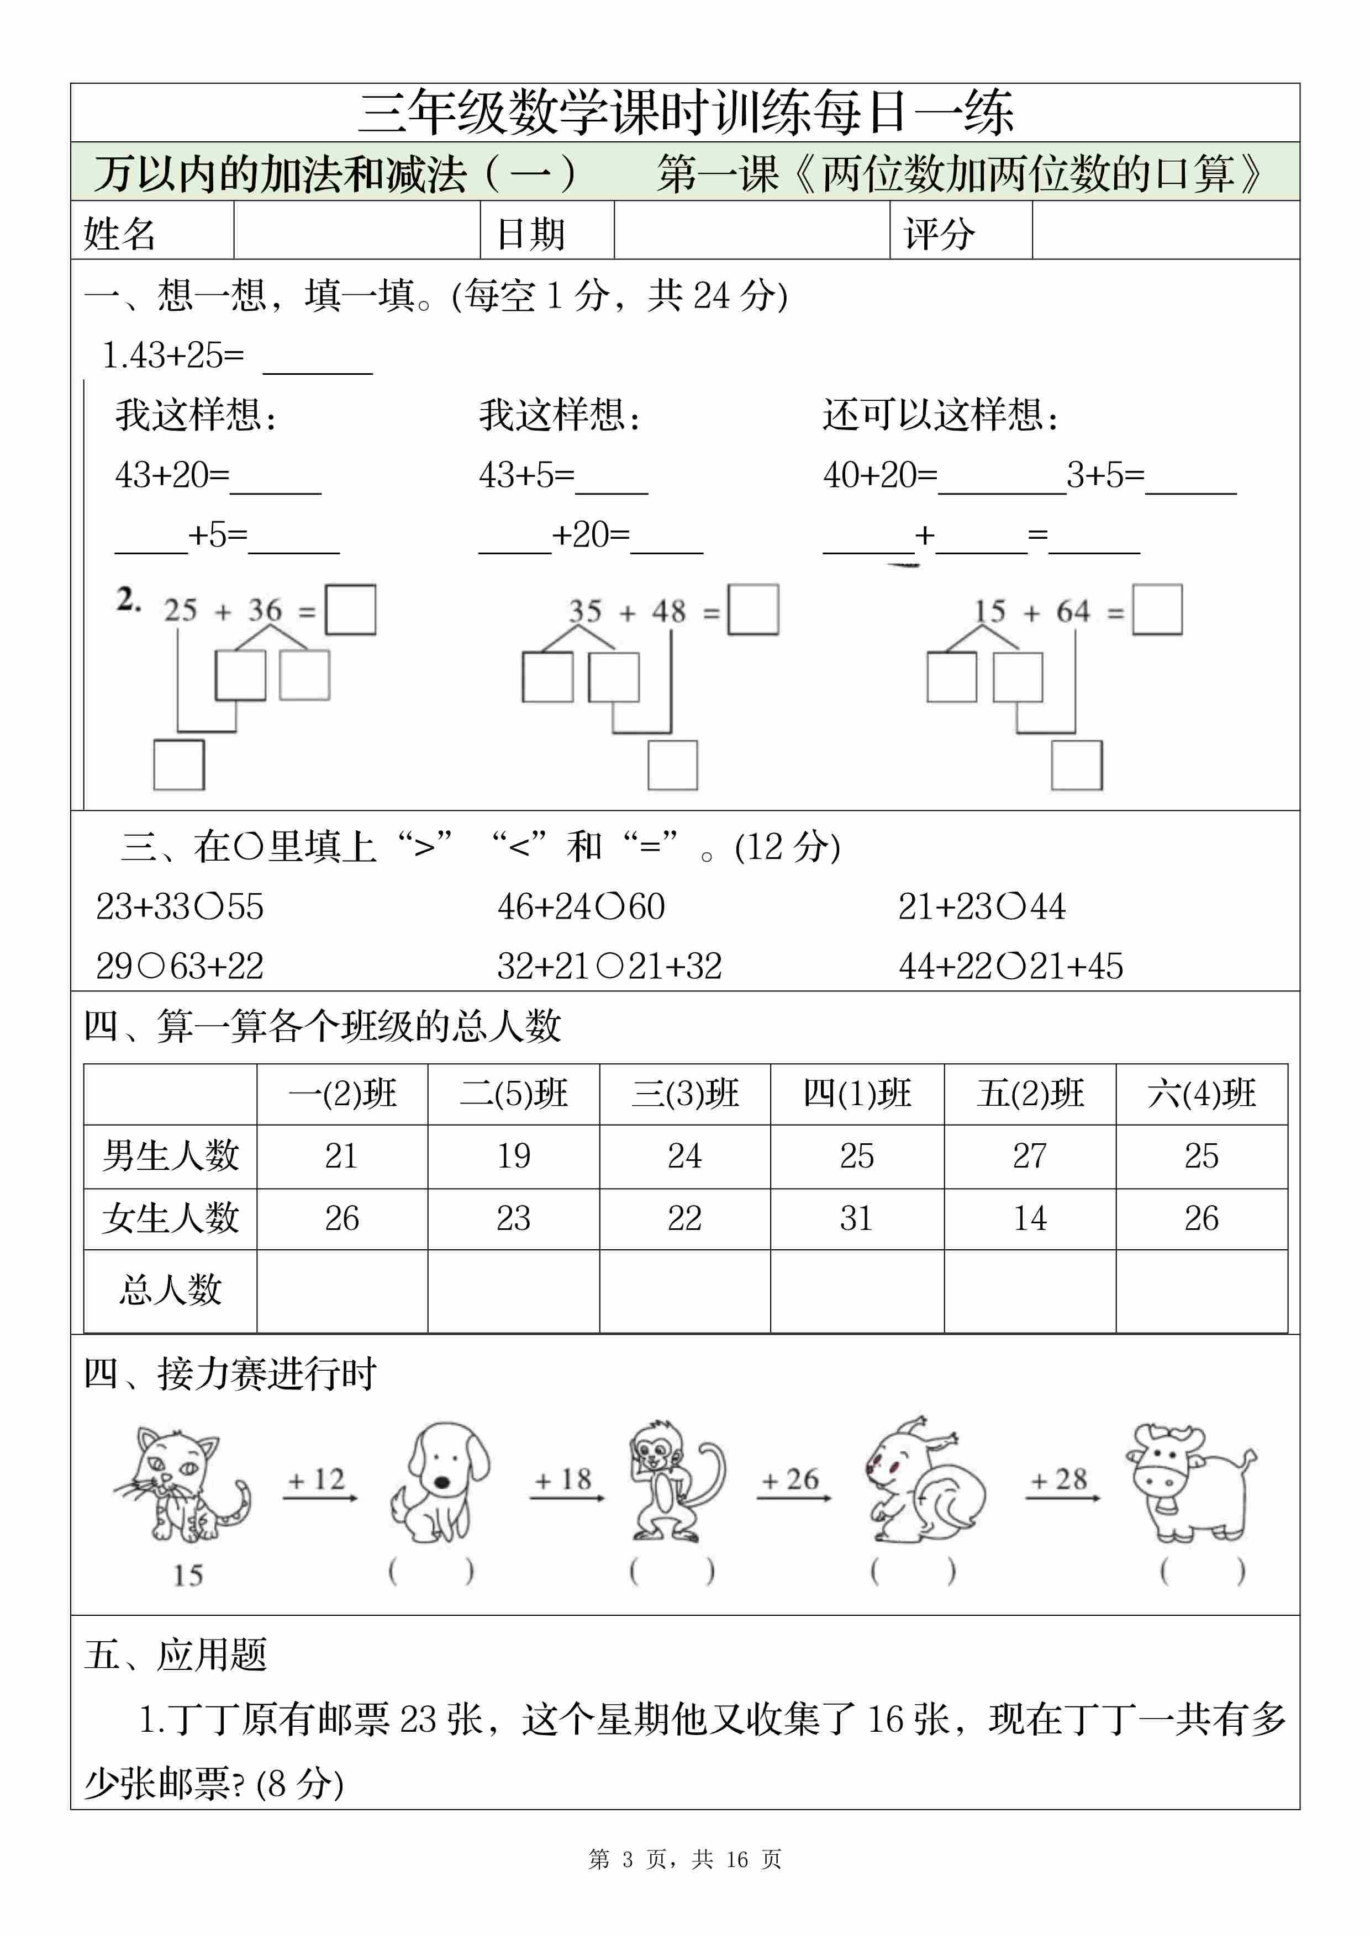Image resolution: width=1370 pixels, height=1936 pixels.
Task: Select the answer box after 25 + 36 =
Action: point(350,609)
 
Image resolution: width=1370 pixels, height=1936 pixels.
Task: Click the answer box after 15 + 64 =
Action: point(1157,609)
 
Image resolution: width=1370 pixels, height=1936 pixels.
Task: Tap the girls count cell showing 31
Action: point(856,1218)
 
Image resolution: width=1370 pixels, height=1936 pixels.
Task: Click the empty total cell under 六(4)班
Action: point(1202,1290)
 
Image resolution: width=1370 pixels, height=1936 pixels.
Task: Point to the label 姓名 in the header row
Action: point(120,233)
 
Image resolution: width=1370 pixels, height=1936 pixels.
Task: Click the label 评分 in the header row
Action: point(939,233)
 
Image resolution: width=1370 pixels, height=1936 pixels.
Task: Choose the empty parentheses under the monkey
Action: point(672,1570)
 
